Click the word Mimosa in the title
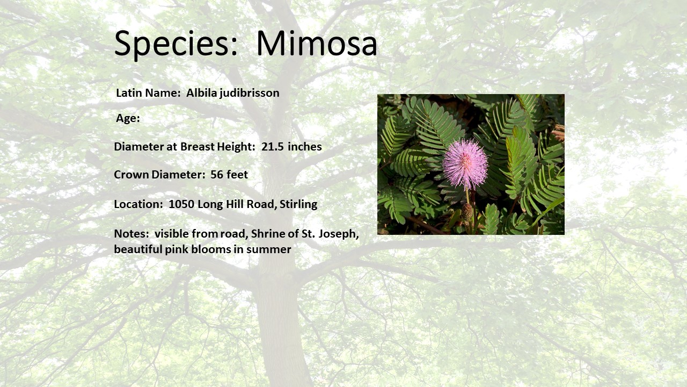(317, 43)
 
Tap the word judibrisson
(250, 94)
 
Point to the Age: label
(128, 119)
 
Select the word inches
(305, 147)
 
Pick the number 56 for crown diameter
(216, 175)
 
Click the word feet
(237, 175)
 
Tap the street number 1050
(181, 204)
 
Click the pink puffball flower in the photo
(465, 164)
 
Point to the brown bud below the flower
(467, 212)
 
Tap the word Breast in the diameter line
(197, 147)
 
